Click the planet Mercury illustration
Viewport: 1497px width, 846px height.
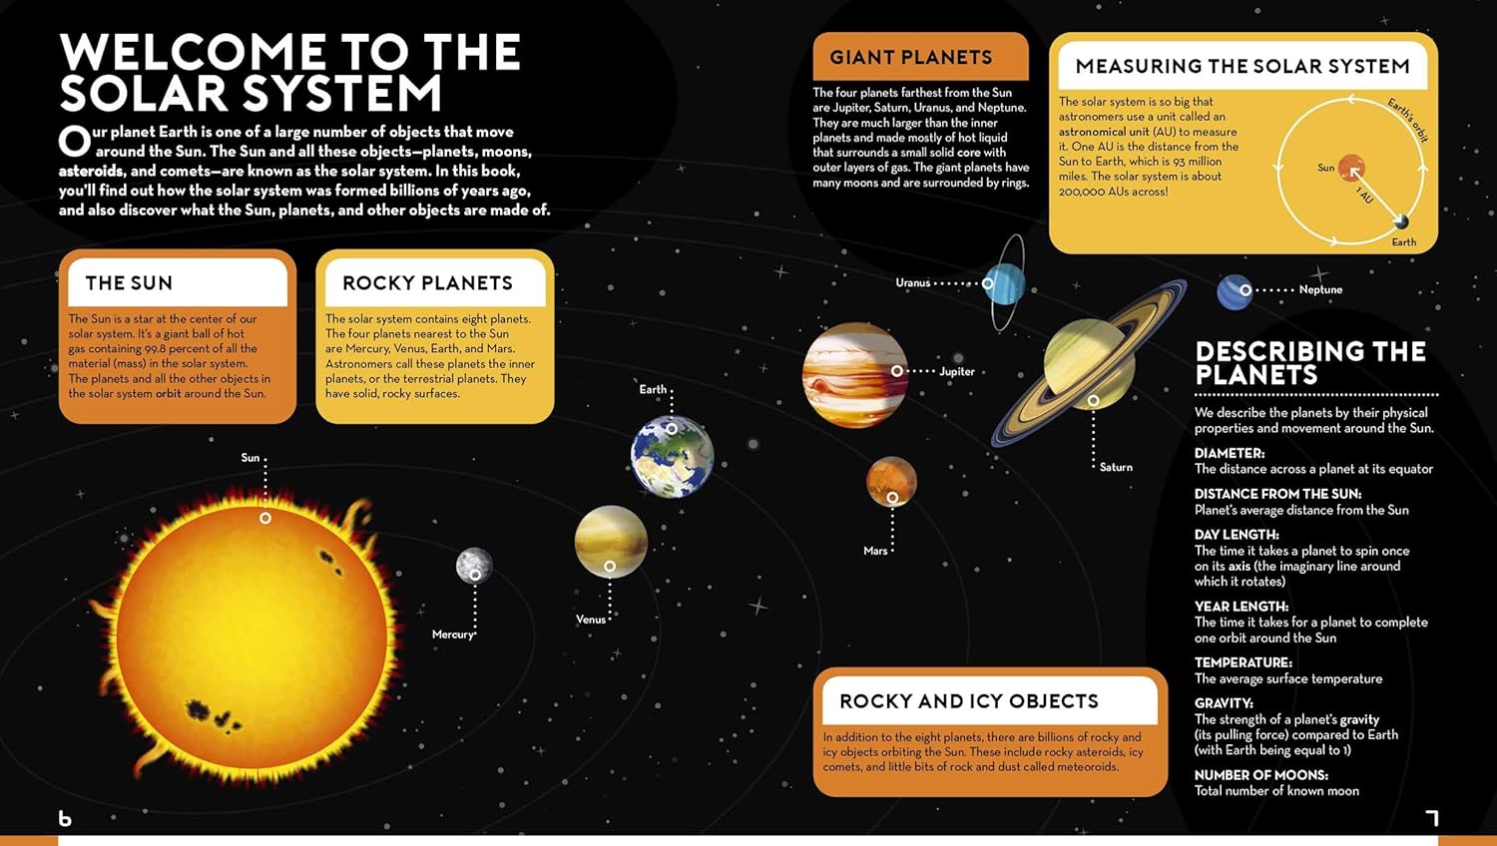(x=474, y=566)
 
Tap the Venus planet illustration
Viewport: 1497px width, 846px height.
(x=611, y=542)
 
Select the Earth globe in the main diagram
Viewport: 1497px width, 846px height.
(x=673, y=456)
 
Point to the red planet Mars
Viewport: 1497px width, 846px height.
(x=891, y=482)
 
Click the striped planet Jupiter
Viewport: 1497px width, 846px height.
(x=855, y=375)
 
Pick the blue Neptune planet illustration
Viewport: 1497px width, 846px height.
(x=1235, y=292)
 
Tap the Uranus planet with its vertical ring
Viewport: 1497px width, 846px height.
(x=1004, y=283)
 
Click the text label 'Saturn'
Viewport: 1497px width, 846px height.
(x=1116, y=467)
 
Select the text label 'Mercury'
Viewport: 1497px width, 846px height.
(x=452, y=634)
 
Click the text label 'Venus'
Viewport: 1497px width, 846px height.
(x=591, y=620)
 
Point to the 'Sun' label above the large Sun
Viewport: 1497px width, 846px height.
(x=249, y=457)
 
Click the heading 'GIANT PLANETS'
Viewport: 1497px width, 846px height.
(x=911, y=58)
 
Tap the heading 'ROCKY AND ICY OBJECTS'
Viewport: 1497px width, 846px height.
(x=969, y=701)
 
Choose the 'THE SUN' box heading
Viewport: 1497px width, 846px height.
(x=129, y=283)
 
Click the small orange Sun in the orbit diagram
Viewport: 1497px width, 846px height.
(x=1351, y=169)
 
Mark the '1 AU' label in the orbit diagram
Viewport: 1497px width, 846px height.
(x=1364, y=196)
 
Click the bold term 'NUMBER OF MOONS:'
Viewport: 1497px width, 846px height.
(x=1261, y=775)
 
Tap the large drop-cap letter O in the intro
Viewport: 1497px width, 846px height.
(x=74, y=141)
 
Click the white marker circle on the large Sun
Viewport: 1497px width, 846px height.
(x=265, y=518)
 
